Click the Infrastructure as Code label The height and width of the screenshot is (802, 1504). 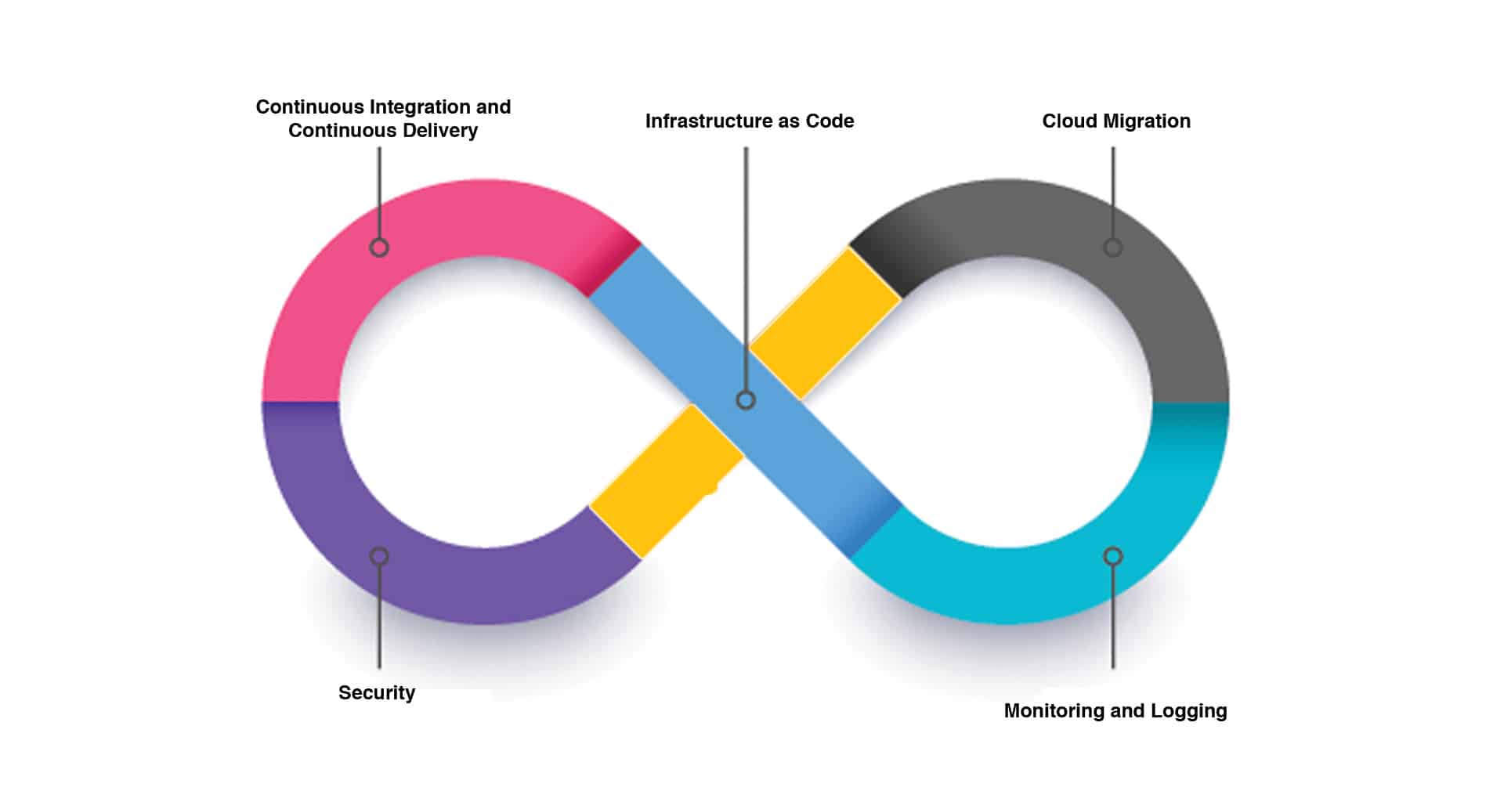coord(749,121)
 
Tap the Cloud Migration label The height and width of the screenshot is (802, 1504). coord(1115,121)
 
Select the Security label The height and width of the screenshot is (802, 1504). coord(377,693)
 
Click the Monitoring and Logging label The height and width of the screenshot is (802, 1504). coord(1115,711)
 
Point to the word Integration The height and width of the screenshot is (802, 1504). coord(420,107)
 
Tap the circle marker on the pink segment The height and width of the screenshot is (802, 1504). coord(379,247)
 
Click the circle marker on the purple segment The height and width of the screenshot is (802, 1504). coord(379,556)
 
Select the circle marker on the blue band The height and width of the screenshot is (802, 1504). coord(746,400)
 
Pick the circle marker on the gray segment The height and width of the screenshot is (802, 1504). coord(1113,247)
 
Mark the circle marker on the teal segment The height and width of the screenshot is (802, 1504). coord(1113,556)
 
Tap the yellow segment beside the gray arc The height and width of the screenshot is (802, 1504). coord(824,323)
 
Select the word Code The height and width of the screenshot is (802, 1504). coord(830,121)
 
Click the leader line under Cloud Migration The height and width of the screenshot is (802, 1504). coord(1113,192)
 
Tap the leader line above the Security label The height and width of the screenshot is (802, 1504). coord(379,619)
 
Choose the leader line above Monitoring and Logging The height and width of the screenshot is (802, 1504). coord(1113,619)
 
